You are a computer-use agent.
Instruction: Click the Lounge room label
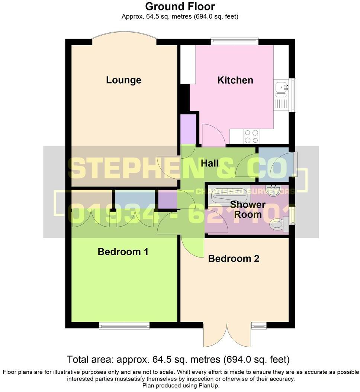point(123,80)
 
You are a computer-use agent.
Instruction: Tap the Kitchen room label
point(235,80)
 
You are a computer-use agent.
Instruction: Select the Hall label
point(210,163)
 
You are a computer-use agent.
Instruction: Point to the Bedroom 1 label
point(123,252)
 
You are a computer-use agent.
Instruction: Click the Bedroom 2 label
point(234,258)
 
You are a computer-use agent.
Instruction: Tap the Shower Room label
point(247,210)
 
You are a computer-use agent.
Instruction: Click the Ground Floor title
point(180,6)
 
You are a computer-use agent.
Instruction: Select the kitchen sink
point(281,89)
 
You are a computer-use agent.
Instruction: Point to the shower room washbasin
point(275,190)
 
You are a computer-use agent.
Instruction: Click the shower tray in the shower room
point(229,194)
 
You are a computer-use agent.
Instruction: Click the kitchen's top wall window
point(234,41)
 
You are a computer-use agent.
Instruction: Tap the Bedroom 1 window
point(124,326)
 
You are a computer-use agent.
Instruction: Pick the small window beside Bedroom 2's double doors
point(259,326)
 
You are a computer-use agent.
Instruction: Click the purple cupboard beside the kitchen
point(188,129)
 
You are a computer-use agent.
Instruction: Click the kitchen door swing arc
point(214,134)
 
